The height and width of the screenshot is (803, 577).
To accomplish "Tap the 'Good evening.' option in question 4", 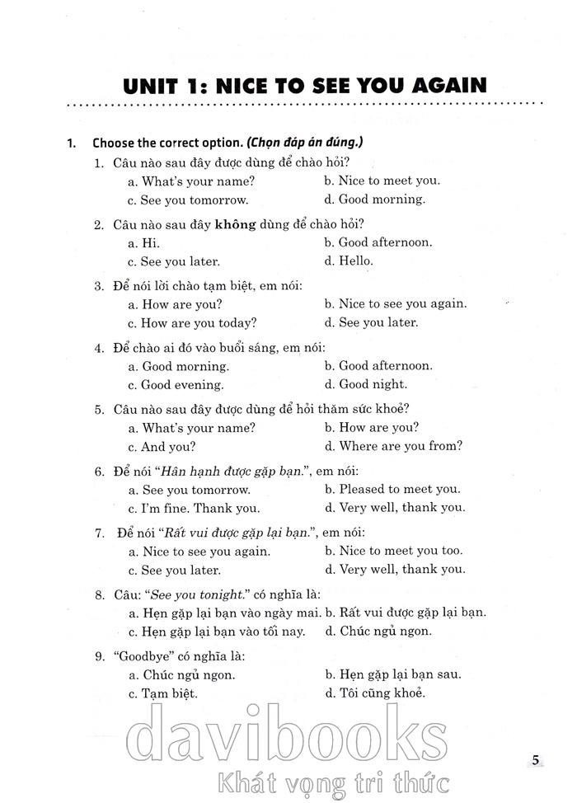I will click(176, 384).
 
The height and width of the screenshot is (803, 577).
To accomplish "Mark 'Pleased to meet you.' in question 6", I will click(392, 489).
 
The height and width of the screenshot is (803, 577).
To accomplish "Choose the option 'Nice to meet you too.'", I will click(392, 551).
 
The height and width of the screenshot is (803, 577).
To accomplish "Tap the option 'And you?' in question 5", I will click(162, 446).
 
